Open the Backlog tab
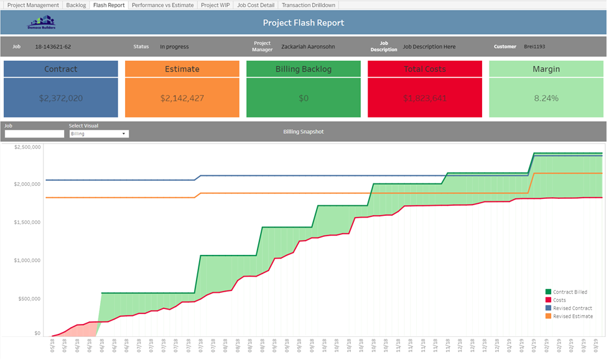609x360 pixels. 76,5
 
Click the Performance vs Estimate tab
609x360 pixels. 163,5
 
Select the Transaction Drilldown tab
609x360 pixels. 309,5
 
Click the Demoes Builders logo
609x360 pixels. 42,24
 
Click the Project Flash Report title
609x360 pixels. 304,23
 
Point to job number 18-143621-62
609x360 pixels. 53,47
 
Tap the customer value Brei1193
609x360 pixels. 534,47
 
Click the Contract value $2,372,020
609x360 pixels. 60,98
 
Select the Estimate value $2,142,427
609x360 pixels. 182,98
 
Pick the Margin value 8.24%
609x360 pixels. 546,98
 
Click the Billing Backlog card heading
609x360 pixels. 303,69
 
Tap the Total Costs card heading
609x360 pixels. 424,69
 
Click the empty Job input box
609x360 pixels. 34,134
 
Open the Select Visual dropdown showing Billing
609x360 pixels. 98,134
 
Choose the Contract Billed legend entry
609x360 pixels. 569,292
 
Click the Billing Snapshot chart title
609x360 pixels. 304,132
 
